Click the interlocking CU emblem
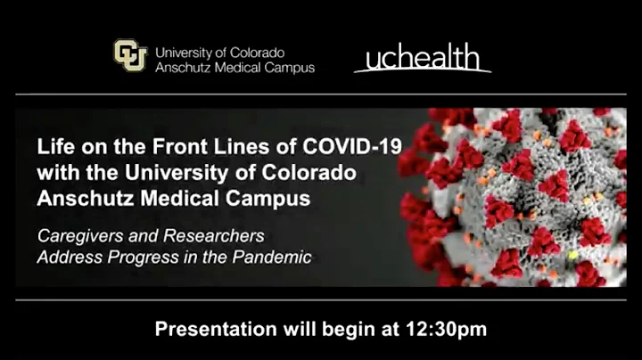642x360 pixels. tap(130, 55)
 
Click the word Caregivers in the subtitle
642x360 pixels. tap(76, 238)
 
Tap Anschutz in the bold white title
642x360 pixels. tap(81, 198)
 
